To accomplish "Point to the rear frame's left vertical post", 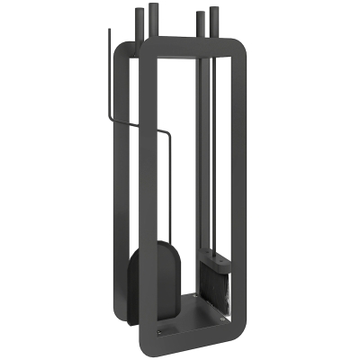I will (x=117, y=180).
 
